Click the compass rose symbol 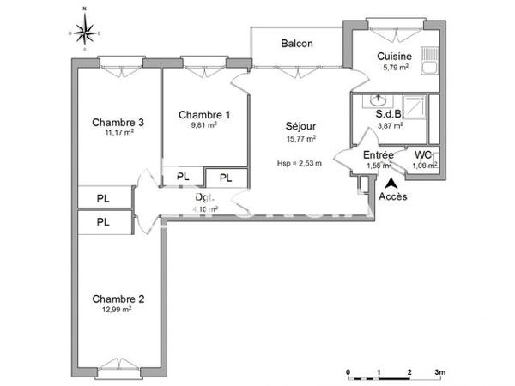(x=84, y=33)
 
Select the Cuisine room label (x=395, y=57)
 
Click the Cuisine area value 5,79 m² (x=395, y=67)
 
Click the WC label (x=422, y=155)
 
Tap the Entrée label (x=379, y=155)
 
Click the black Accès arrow (x=392, y=182)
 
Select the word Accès (x=393, y=196)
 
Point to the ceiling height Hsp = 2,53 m (x=299, y=164)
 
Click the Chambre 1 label (x=204, y=114)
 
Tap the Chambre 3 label (x=118, y=122)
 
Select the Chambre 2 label (x=118, y=299)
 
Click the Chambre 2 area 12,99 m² (x=118, y=310)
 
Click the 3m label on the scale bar (x=439, y=371)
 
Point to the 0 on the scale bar (x=348, y=371)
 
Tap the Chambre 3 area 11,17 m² (x=118, y=133)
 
